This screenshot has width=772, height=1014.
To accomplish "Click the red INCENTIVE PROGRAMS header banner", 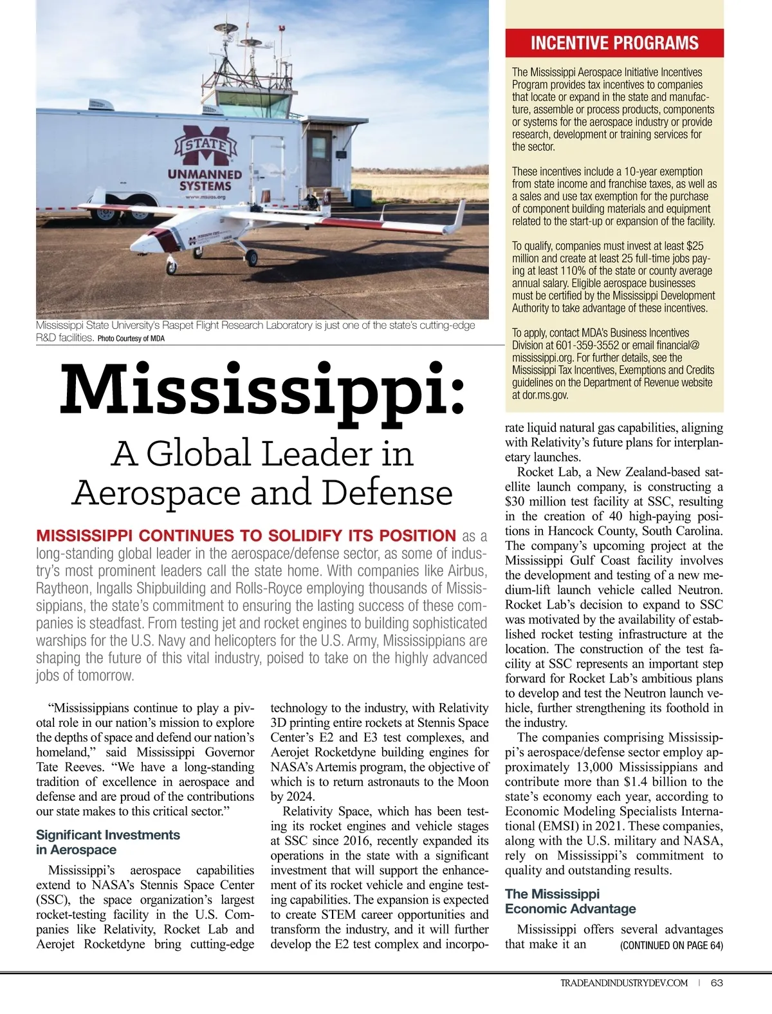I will pos(614,43).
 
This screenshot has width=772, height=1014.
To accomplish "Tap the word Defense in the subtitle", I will pos(387,493).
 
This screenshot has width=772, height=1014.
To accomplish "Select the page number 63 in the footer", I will pos(717,982).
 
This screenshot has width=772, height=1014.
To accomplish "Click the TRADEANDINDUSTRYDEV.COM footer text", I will pos(623,982).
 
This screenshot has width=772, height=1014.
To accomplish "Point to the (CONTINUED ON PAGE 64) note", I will pos(671,946).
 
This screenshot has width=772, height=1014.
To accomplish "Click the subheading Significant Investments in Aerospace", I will pos(107,842).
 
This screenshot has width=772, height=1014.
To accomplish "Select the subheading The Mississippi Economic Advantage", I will pos(570,901).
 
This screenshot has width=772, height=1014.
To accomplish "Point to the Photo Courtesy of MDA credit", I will pos(131,339).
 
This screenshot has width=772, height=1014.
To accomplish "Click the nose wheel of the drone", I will pos(172,266).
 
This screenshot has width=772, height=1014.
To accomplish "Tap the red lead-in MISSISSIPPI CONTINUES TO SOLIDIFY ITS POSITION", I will pos(246,536).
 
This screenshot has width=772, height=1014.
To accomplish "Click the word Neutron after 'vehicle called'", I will pos(700,590).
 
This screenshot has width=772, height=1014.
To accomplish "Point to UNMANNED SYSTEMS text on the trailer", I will pos(205,180).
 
